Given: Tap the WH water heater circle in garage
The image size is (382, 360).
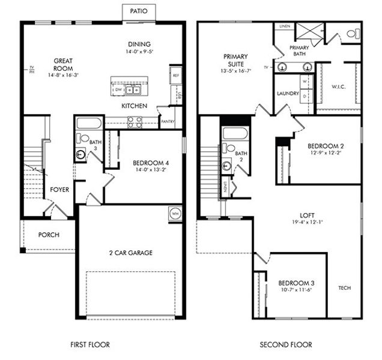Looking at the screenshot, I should pyautogui.click(x=175, y=213).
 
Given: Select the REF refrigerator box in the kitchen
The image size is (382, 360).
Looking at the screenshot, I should pyautogui.click(x=175, y=76).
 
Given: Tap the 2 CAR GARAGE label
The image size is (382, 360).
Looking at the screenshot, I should pyautogui.click(x=132, y=253).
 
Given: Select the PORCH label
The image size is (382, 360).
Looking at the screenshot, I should pyautogui.click(x=49, y=235).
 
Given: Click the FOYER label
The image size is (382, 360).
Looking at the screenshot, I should pyautogui.click(x=59, y=190).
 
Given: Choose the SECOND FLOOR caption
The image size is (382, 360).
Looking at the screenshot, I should pyautogui.click(x=285, y=345).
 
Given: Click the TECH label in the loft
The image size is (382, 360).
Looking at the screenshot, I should pyautogui.click(x=344, y=287).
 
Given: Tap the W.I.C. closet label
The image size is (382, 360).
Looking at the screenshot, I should pyautogui.click(x=338, y=86).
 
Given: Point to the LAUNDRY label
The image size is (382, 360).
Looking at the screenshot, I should pyautogui.click(x=288, y=94).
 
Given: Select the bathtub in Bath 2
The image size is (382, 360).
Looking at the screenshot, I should pyautogui.click(x=232, y=133).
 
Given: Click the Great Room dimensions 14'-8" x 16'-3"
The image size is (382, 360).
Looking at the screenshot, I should pyautogui.click(x=63, y=75).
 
